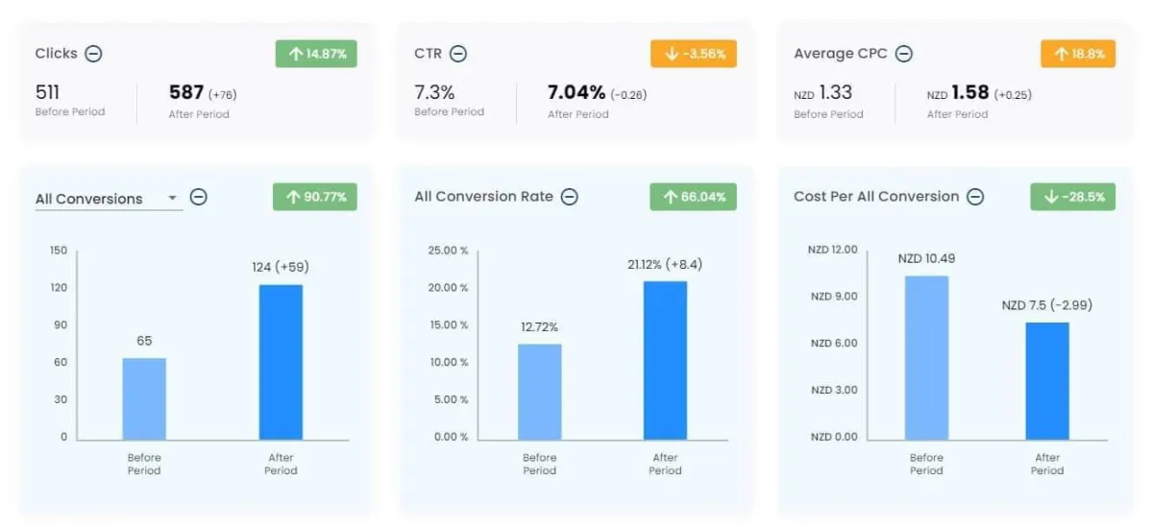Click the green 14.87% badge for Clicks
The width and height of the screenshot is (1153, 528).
pyautogui.click(x=315, y=54)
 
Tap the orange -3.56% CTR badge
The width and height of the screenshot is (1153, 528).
pyautogui.click(x=693, y=54)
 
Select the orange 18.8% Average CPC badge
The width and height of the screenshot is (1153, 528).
pyautogui.click(x=1077, y=54)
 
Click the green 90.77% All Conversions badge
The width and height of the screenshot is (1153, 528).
pyautogui.click(x=315, y=197)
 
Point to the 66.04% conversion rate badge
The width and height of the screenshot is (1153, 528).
pyautogui.click(x=693, y=197)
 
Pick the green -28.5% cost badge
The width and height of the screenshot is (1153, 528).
pyautogui.click(x=1072, y=197)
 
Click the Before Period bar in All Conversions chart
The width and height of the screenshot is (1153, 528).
pyautogui.click(x=144, y=398)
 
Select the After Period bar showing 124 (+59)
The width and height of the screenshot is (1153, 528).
pyautogui.click(x=281, y=362)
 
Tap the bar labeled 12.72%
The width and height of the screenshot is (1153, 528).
pyautogui.click(x=540, y=391)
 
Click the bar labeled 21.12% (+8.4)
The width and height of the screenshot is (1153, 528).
pyautogui.click(x=665, y=360)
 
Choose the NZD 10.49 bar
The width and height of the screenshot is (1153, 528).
pyautogui.click(x=926, y=357)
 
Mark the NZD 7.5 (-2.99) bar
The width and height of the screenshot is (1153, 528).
pyautogui.click(x=1046, y=380)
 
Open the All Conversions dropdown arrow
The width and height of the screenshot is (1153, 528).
pyautogui.click(x=172, y=199)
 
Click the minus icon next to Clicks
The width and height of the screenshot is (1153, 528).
pyautogui.click(x=93, y=54)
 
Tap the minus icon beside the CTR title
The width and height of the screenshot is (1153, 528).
pyautogui.click(x=458, y=54)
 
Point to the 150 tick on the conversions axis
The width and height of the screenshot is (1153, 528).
pyautogui.click(x=59, y=251)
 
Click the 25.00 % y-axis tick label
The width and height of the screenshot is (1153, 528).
pyautogui.click(x=449, y=251)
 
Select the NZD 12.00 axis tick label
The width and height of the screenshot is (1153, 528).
pyautogui.click(x=832, y=250)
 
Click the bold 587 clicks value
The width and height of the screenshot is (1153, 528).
pyautogui.click(x=186, y=92)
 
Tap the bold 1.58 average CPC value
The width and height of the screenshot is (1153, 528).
pyautogui.click(x=970, y=92)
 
